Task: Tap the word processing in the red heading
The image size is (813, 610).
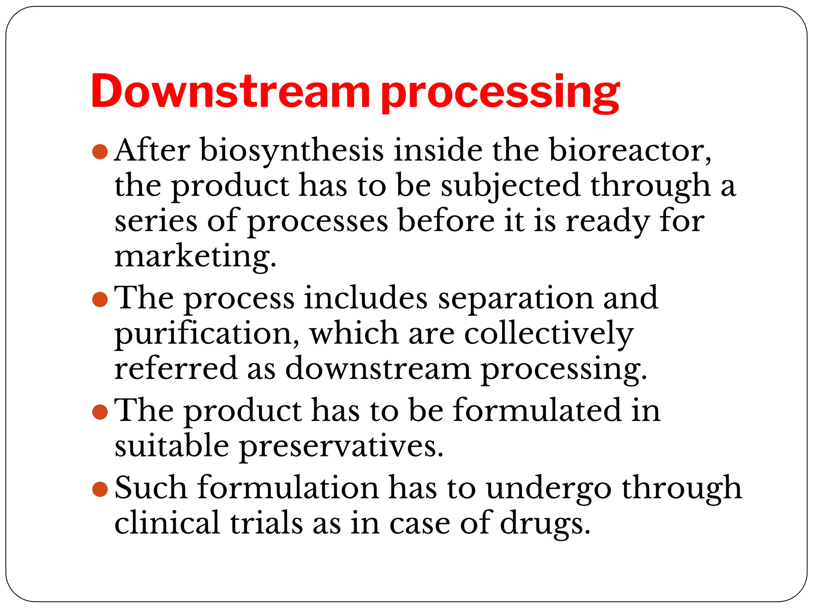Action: (500, 94)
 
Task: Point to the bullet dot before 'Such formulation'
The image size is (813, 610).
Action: (100, 489)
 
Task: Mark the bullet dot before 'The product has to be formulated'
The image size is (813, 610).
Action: (100, 412)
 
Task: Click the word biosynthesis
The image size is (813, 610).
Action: (292, 151)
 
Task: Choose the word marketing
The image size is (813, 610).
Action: (195, 257)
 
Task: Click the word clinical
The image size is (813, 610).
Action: (167, 523)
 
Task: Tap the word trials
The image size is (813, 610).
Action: (266, 523)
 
